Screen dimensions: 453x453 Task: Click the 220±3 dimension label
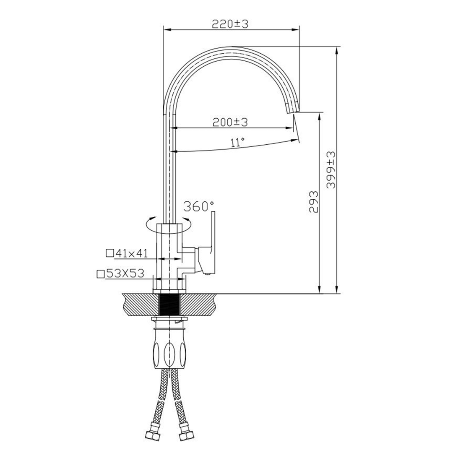[x=230, y=24]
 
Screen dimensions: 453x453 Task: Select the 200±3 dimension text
[x=230, y=122]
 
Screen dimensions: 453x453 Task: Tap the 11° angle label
[x=237, y=142]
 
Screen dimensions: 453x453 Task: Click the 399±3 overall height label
[x=331, y=170]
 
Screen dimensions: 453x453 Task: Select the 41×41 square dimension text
[x=130, y=253]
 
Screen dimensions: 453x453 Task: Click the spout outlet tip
[x=292, y=110]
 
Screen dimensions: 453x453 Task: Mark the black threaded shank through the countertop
[x=169, y=305]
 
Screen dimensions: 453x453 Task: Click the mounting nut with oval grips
[x=169, y=348]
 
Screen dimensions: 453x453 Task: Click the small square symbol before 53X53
[x=100, y=274]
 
